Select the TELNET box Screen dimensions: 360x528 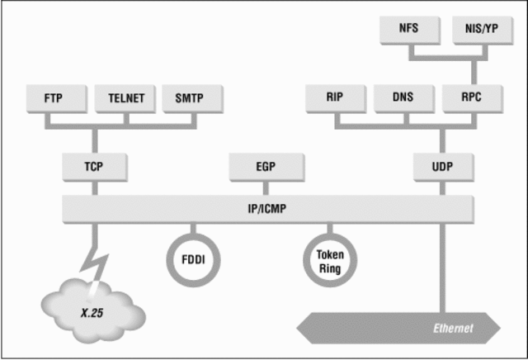(126, 98)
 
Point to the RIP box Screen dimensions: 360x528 (336, 98)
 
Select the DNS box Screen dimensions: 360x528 (404, 98)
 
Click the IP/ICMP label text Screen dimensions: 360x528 (270, 209)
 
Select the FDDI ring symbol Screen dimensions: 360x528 (194, 259)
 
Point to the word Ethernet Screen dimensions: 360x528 (454, 329)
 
